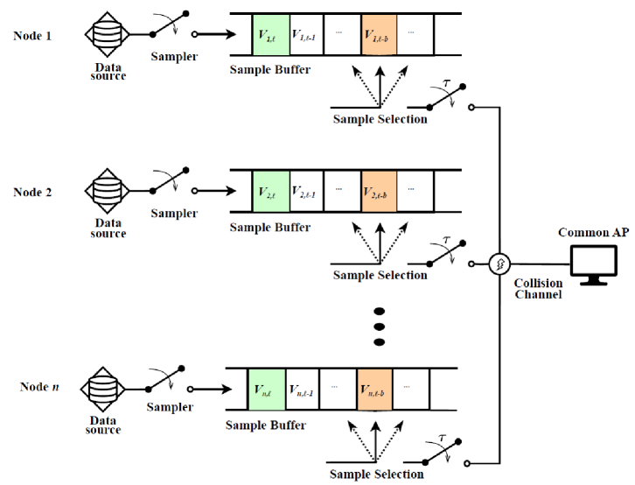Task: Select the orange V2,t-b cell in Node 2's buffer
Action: (379, 190)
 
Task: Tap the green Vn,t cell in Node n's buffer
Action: (263, 389)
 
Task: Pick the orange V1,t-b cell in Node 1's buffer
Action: (379, 35)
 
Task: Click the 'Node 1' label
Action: (33, 35)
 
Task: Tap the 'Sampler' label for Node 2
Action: (173, 213)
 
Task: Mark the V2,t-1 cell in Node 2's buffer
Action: (306, 190)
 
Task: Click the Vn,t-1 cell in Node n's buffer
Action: (301, 389)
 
